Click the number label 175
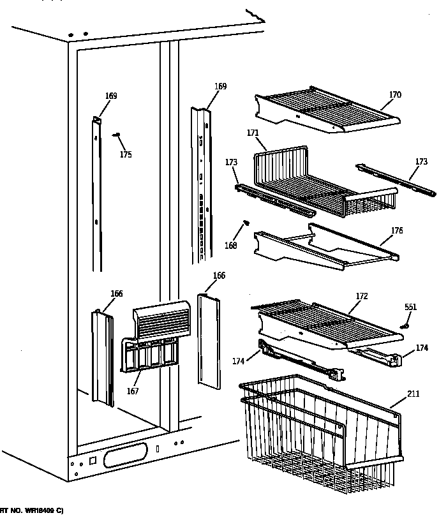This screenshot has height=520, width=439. click(x=126, y=154)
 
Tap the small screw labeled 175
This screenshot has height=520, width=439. click(x=117, y=135)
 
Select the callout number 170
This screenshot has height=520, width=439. click(x=395, y=95)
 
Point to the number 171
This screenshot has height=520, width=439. click(x=252, y=133)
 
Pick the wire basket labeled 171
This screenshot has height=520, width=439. click(x=319, y=182)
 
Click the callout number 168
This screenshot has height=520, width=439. click(x=230, y=246)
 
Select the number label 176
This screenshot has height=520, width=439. click(x=396, y=230)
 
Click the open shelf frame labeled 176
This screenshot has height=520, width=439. click(x=325, y=246)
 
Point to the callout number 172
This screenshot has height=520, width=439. click(x=361, y=297)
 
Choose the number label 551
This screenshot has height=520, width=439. click(x=410, y=308)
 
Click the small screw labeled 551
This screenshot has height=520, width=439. click(x=404, y=327)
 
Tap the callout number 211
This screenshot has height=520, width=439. click(x=413, y=394)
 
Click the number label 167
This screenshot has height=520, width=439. click(x=132, y=391)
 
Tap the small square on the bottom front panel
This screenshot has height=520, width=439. click(x=93, y=460)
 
